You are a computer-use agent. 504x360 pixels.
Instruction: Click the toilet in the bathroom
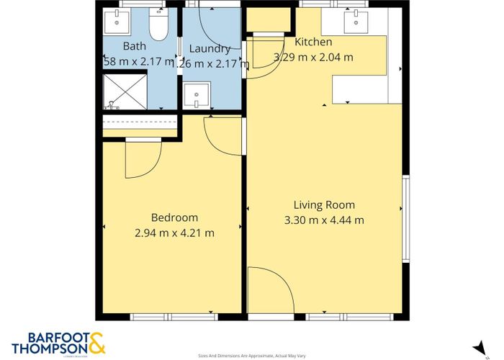(x=157, y=27)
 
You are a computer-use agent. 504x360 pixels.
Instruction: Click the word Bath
(x=134, y=47)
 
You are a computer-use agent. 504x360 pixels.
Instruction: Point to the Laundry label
(x=210, y=49)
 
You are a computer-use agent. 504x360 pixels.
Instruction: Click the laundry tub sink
(x=196, y=95)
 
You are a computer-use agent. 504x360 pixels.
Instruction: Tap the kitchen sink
(x=357, y=22)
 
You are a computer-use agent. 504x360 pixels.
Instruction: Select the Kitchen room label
(x=312, y=42)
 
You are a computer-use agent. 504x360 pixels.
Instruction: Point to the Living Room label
(x=324, y=204)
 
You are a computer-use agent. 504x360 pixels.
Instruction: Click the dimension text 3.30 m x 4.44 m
(x=324, y=220)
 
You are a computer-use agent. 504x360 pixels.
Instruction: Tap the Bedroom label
(x=174, y=217)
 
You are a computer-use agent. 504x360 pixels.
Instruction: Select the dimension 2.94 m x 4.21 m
(x=174, y=233)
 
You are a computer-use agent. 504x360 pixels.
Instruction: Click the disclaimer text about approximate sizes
(x=251, y=356)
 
